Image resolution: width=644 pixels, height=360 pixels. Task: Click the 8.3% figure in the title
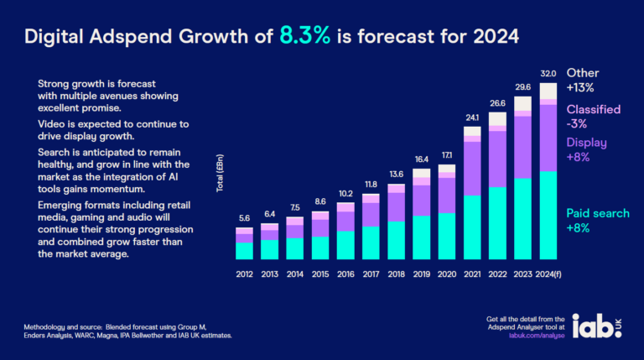310,36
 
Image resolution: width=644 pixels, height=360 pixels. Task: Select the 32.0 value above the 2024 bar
548,74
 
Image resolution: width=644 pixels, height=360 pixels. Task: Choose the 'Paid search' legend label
598,213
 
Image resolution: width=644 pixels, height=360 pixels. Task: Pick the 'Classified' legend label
595,110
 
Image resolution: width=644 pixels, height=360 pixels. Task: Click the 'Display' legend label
587,142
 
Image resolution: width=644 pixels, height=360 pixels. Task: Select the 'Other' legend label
584,73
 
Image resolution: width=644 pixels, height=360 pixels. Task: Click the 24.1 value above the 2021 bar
472,117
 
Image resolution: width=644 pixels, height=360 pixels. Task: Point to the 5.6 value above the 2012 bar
244,217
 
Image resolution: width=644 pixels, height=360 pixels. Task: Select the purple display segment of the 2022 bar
498,159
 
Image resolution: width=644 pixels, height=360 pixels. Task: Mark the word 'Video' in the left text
52,123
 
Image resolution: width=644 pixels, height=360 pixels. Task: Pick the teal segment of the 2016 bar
345,244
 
